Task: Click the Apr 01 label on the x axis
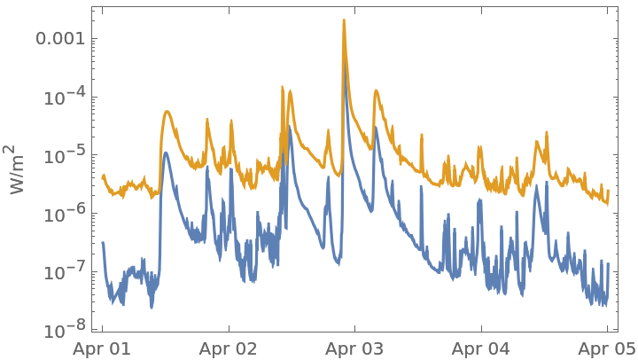103,348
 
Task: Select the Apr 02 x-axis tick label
229,348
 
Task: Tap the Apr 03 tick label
354,348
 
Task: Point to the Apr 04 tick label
481,348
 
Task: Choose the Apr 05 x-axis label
607,348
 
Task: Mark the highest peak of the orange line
344,20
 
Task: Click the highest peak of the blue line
345,63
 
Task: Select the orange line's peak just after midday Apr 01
167,112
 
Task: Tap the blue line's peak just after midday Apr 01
166,153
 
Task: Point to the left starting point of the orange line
103,176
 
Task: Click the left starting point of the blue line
103,242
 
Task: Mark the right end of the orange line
608,200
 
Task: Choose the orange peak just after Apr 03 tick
376,90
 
